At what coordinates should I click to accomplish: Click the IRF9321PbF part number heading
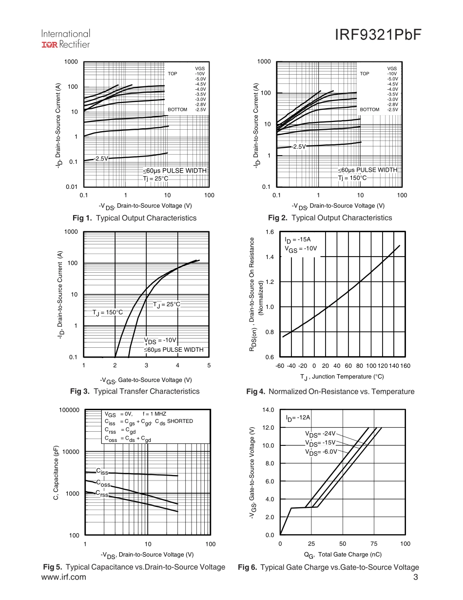click(x=378, y=36)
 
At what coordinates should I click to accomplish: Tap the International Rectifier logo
click(x=65, y=39)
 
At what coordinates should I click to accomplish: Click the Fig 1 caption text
click(x=134, y=218)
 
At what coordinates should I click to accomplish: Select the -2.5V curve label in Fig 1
click(x=101, y=159)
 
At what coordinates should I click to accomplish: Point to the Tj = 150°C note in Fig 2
click(x=352, y=178)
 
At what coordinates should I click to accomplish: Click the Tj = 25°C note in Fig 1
click(x=155, y=179)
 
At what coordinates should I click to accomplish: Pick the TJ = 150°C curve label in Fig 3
click(x=108, y=312)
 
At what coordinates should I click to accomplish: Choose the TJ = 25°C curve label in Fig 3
click(x=167, y=304)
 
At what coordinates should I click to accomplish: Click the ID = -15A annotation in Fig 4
click(x=297, y=240)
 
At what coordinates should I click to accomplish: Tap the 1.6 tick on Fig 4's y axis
click(x=270, y=232)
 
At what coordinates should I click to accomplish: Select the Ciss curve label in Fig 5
click(x=102, y=472)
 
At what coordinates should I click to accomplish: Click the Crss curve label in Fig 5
click(x=102, y=494)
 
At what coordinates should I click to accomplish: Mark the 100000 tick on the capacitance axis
click(x=69, y=410)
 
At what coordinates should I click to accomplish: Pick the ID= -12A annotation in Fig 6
click(x=298, y=418)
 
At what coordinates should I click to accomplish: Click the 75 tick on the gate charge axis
click(x=374, y=544)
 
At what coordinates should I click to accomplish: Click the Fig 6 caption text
click(x=328, y=567)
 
